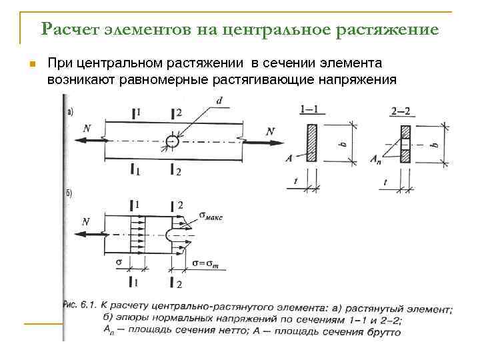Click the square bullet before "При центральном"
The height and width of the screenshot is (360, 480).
coord(31,65)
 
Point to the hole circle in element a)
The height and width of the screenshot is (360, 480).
coord(171,141)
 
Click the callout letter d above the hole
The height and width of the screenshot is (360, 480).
coord(219,101)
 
